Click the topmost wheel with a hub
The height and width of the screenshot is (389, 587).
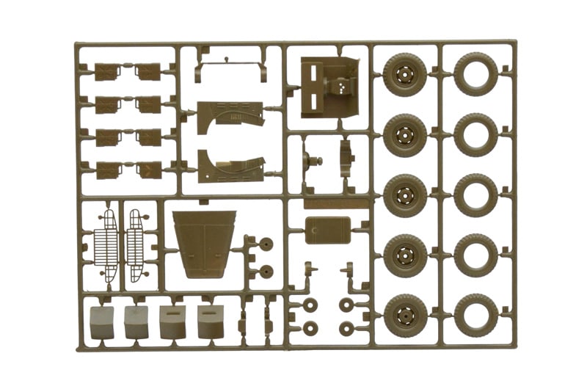pyautogui.click(x=404, y=75)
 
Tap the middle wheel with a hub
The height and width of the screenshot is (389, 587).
pyautogui.click(x=404, y=195)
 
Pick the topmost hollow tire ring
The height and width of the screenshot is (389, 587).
pyautogui.click(x=475, y=73)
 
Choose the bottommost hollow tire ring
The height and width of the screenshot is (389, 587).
pyautogui.click(x=475, y=316)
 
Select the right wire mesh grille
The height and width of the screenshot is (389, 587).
pyautogui.click(x=135, y=246)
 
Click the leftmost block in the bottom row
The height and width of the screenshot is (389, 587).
pyautogui.click(x=101, y=321)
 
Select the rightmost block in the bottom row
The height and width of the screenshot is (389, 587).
pyautogui.click(x=211, y=321)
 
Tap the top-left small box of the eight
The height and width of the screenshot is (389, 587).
pyautogui.click(x=107, y=71)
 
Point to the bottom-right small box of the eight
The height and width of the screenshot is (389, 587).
pyautogui.click(x=149, y=170)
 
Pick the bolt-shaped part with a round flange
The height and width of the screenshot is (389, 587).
pyautogui.click(x=314, y=162)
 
